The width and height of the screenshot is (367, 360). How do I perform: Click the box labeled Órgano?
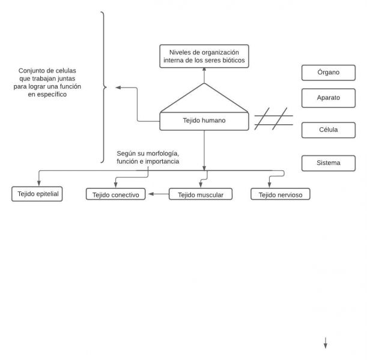(328, 73)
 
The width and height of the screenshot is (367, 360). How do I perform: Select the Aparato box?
(328, 97)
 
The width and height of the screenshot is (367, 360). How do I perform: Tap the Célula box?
(328, 130)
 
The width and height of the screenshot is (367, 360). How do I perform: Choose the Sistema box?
(328, 163)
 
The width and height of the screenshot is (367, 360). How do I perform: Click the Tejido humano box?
(204, 121)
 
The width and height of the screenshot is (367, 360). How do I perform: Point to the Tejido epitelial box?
(37, 194)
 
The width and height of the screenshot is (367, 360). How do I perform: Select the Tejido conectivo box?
(116, 194)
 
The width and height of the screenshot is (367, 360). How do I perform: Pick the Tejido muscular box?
(200, 194)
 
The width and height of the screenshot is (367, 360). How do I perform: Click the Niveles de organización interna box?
(204, 56)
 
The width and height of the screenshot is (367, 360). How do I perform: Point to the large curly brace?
(103, 88)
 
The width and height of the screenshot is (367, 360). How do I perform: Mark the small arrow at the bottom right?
(326, 343)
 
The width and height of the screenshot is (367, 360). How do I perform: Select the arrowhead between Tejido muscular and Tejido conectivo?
(151, 194)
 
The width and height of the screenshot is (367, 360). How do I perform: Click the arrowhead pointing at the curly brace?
(118, 88)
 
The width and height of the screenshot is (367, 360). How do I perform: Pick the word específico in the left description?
(52, 94)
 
